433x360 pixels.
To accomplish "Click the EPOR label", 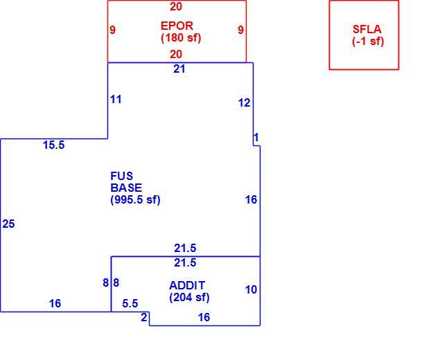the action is (x=177, y=26).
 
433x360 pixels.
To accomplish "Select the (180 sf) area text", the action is (x=181, y=38).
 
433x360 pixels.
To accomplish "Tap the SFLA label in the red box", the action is (x=366, y=29).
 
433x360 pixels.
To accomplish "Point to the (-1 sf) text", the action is (x=368, y=42).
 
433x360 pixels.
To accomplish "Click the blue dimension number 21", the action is (x=179, y=69).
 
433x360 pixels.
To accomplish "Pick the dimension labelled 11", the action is (x=116, y=99).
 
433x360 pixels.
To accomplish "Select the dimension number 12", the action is (x=244, y=103).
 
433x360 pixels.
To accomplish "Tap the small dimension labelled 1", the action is (x=256, y=137).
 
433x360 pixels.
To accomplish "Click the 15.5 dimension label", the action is (x=54, y=145).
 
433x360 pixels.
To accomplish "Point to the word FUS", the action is (x=122, y=176).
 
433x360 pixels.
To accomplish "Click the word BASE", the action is (x=126, y=188).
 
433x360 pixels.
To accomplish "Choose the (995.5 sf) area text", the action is (x=135, y=199).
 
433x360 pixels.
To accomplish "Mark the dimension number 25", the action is (x=8, y=224).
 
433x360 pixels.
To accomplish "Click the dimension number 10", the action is (x=251, y=289).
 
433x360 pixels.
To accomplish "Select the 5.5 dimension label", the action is (x=130, y=303).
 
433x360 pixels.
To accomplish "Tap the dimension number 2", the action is (x=144, y=317).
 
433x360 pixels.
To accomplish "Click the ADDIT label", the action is (x=187, y=285).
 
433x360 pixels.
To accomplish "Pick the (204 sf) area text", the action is (x=189, y=298).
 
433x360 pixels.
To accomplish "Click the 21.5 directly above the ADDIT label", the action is (x=185, y=262).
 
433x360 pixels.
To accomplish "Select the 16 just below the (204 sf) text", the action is (x=204, y=317).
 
